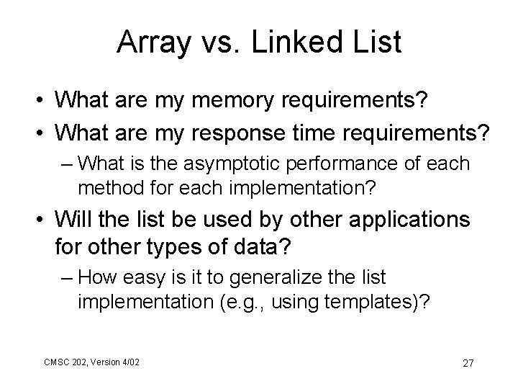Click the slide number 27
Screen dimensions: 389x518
point(468,362)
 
